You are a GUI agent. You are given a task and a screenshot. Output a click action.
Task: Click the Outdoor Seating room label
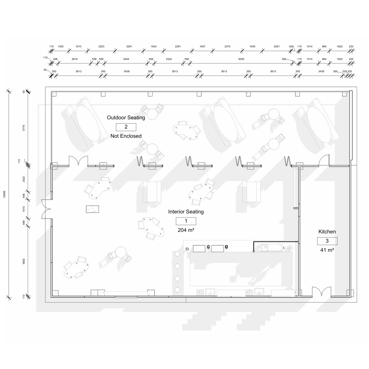(x=126, y=117)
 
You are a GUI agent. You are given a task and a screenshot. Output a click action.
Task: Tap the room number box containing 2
(x=126, y=127)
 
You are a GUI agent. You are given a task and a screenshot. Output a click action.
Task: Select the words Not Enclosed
(x=126, y=136)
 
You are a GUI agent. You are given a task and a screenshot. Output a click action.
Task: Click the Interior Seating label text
(x=186, y=212)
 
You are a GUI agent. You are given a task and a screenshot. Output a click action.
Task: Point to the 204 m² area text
(x=186, y=230)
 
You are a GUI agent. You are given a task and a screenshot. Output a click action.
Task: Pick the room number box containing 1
(x=186, y=221)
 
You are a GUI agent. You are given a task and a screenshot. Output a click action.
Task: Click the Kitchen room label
(x=327, y=232)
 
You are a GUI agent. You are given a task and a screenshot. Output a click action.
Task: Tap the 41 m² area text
(x=327, y=250)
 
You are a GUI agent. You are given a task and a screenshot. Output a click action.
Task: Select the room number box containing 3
(x=327, y=241)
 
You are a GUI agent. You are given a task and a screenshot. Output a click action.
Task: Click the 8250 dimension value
(x=241, y=59)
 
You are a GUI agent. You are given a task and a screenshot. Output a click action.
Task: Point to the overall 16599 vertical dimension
(x=4, y=194)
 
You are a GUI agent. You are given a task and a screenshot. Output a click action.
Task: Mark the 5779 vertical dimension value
(x=24, y=128)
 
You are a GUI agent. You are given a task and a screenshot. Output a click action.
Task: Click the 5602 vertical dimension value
(x=24, y=261)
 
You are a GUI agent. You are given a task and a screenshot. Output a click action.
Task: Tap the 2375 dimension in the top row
(x=227, y=46)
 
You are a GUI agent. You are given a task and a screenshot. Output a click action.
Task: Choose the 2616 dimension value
(x=74, y=59)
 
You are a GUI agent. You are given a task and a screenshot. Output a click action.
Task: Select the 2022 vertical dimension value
(x=24, y=179)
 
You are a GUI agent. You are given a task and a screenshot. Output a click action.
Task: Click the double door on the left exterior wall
(x=46, y=209)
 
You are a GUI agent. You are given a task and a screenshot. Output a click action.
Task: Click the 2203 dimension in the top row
(x=101, y=46)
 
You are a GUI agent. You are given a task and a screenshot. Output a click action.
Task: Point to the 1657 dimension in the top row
(x=202, y=46)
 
